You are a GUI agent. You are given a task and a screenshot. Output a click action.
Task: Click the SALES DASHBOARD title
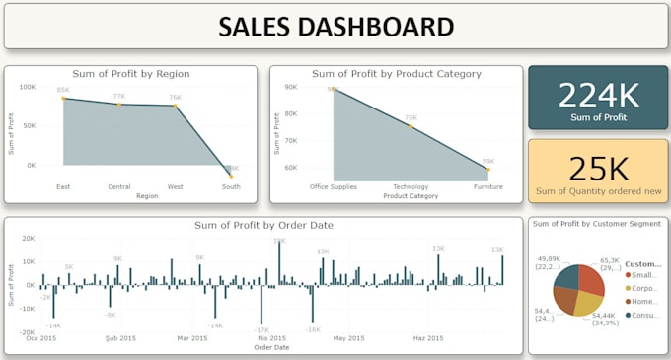pyautogui.click(x=335, y=27)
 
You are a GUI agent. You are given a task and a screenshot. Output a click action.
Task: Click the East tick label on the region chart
pyautogui.click(x=64, y=185)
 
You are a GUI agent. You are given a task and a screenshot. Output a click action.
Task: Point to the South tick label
pyautogui.click(x=231, y=185)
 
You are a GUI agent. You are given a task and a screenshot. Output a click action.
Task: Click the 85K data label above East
pyautogui.click(x=63, y=91)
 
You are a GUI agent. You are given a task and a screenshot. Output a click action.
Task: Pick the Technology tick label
pyautogui.click(x=410, y=185)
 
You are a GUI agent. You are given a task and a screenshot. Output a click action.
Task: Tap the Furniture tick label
pyautogui.click(x=487, y=185)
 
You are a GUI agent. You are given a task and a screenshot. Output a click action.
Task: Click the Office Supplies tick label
pyautogui.click(x=333, y=185)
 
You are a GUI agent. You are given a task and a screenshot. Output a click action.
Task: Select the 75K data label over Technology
pyautogui.click(x=410, y=118)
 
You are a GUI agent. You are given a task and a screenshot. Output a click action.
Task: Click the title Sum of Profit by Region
pyautogui.click(x=131, y=74)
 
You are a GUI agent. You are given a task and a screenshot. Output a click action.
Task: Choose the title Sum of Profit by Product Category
pyautogui.click(x=396, y=74)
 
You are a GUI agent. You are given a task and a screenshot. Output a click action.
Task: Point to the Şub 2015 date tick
pyautogui.click(x=117, y=338)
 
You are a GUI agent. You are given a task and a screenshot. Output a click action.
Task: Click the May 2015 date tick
pyautogui.click(x=348, y=338)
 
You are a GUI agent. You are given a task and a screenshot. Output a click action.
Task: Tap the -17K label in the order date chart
pyautogui.click(x=261, y=330)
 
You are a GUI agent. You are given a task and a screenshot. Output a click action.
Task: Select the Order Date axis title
pyautogui.click(x=271, y=347)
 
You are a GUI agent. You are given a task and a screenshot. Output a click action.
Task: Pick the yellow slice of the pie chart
pyautogui.click(x=587, y=304)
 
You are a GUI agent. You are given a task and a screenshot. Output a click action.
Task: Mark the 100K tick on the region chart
pyautogui.click(x=27, y=86)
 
